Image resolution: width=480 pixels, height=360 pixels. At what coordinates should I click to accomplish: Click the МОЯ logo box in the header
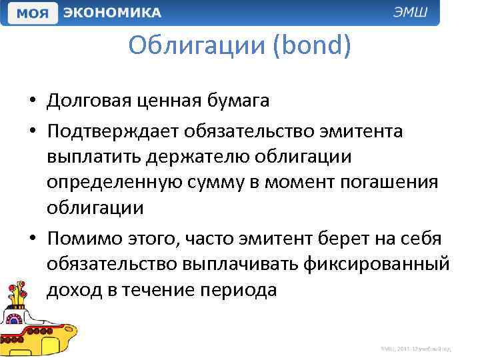(x=32, y=13)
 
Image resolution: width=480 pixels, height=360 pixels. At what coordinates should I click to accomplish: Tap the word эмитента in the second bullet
(x=361, y=131)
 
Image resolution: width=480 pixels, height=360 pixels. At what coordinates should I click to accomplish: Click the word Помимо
(x=83, y=238)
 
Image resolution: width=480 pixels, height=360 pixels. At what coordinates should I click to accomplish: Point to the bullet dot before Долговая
(x=32, y=102)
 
